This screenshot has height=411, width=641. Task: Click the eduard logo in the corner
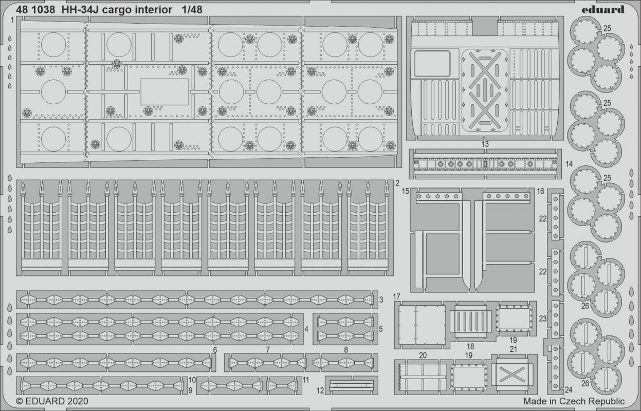[603, 9]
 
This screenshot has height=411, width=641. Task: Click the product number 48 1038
[36, 10]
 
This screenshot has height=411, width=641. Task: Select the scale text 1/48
[192, 10]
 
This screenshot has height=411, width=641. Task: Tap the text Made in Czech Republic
[574, 401]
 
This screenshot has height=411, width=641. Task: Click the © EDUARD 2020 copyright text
[52, 401]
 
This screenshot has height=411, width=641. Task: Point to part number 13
[485, 144]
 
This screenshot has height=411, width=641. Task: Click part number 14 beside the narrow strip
[569, 164]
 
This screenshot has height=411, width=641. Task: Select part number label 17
[396, 296]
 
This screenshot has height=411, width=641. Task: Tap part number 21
[514, 349]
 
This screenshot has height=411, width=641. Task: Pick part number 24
[569, 389]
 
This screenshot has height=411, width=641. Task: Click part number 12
[320, 390]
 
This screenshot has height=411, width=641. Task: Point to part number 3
[381, 300]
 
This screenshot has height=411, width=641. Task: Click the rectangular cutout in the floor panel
[164, 92]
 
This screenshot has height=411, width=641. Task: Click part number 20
[423, 355]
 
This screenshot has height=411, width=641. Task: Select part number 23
[542, 319]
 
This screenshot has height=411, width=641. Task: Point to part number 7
[268, 349]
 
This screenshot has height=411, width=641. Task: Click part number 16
[540, 191]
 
